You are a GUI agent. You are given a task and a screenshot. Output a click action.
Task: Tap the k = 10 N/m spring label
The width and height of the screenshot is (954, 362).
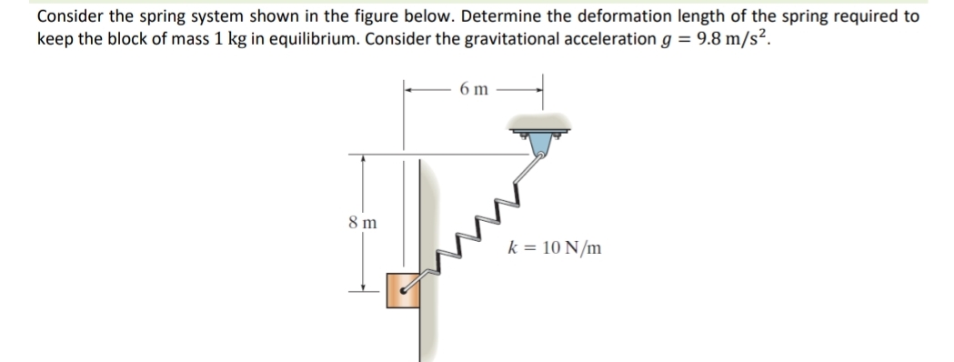(x=556, y=247)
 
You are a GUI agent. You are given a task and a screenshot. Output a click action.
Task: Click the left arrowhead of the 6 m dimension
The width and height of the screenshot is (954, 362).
(x=409, y=89)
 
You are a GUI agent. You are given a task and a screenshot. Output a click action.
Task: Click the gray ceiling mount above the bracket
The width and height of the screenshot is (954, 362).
(x=543, y=121)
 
